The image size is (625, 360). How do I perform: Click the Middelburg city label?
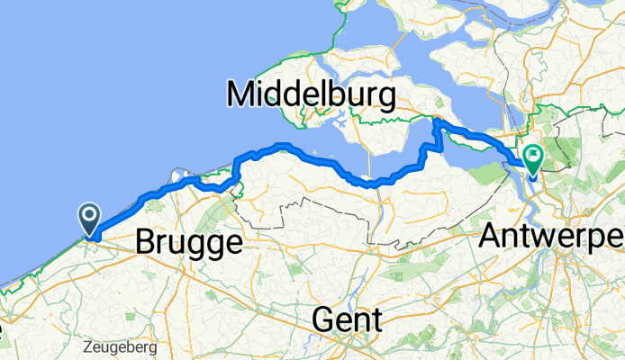tap(312, 94)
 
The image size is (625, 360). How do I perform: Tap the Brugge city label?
tap(189, 242)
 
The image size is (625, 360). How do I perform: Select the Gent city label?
tap(348, 319)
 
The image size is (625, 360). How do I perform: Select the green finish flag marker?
tap(533, 158)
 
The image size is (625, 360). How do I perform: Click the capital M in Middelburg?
tap(243, 94)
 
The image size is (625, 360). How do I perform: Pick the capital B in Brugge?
tap(146, 241)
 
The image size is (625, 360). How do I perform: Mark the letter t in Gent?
tap(377, 319)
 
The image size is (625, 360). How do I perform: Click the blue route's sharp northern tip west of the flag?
tap(437, 120)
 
